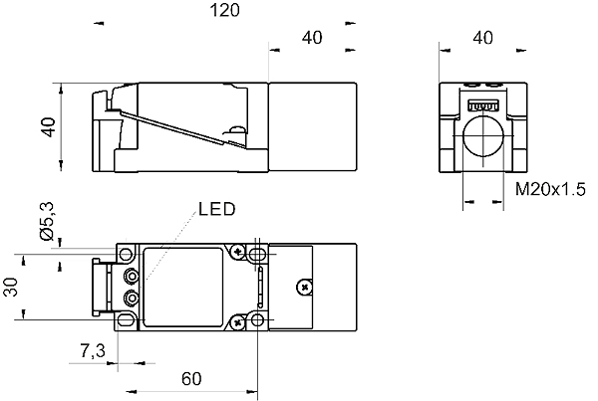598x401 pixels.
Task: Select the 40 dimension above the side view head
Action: tap(312, 38)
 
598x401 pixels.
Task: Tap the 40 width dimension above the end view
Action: tap(483, 38)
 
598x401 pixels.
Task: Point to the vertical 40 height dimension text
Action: tap(46, 128)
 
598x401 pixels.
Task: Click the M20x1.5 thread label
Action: tap(550, 189)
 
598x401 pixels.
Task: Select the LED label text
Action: tap(215, 210)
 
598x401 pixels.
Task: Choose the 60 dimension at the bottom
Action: tap(192, 378)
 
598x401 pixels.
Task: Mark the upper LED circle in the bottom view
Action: tap(131, 275)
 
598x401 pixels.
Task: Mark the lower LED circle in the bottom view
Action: tap(131, 297)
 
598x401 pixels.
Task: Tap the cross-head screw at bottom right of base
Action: tap(239, 320)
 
